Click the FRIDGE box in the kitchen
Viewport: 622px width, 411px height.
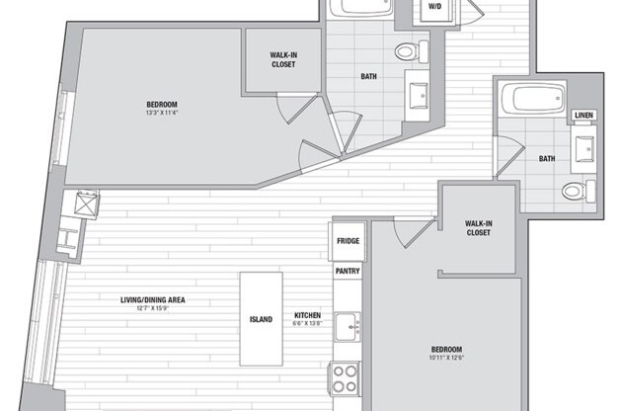point(348,241)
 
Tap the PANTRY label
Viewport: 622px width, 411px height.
point(348,271)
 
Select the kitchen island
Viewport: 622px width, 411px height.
point(261,319)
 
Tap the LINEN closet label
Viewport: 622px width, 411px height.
point(583,117)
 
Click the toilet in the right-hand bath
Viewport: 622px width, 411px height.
point(576,190)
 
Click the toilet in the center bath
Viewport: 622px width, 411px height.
point(408,52)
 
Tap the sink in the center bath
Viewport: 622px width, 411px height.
point(420,95)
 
